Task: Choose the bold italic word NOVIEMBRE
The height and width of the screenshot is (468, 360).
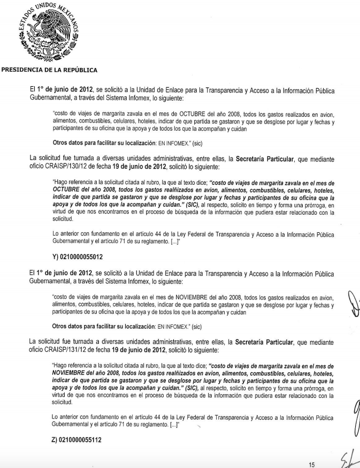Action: [x=74, y=372]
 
